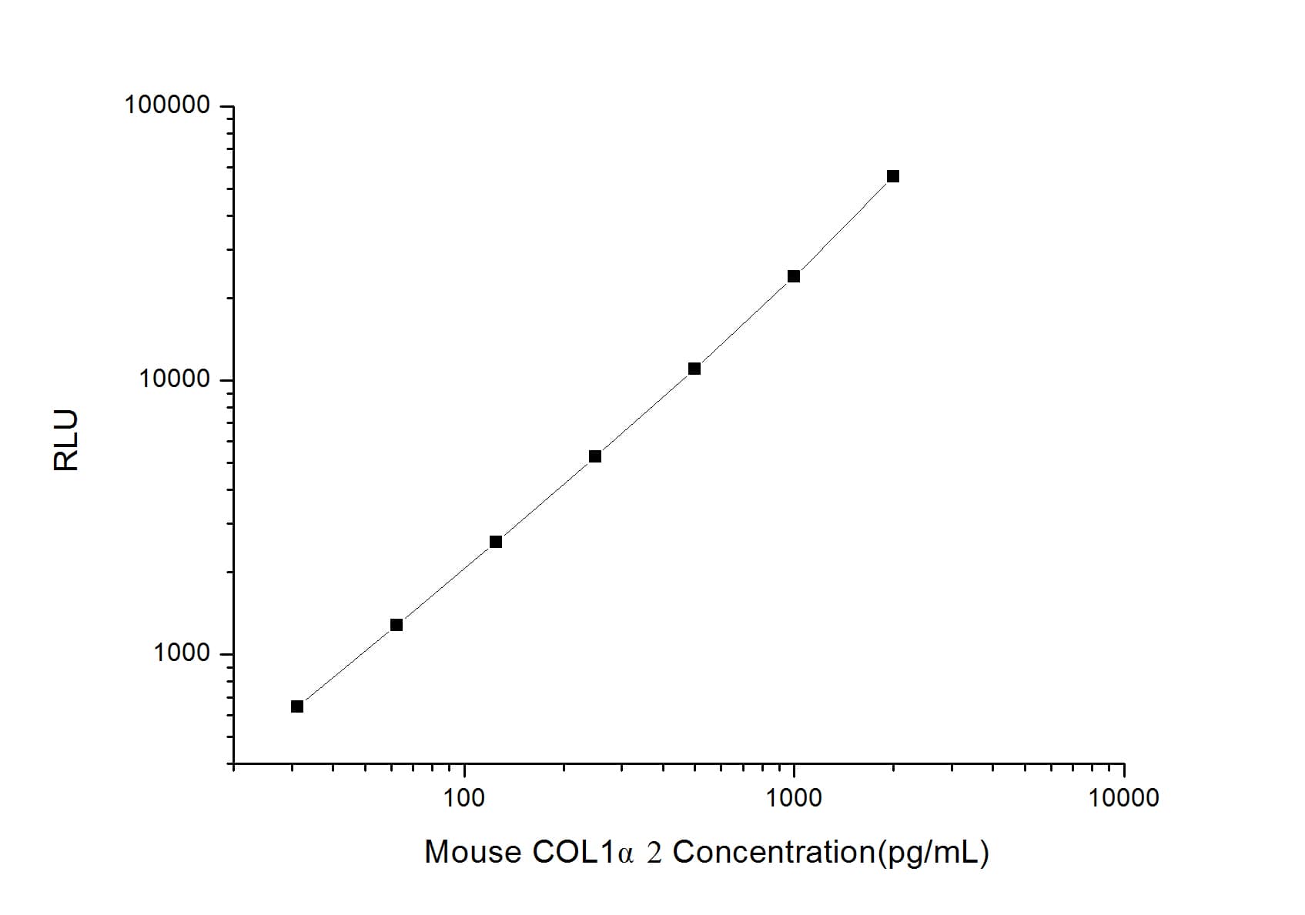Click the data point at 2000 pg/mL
[892, 176]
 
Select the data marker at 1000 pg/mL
[794, 276]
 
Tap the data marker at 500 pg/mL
[694, 369]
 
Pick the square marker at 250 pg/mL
[595, 456]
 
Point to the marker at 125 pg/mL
[496, 542]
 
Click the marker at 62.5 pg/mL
[397, 625]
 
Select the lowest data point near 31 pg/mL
[297, 706]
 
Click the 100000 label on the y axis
[167, 105]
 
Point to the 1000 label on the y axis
[182, 653]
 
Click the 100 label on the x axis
[464, 798]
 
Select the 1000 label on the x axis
[794, 798]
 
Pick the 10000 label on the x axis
[1123, 798]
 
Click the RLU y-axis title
[66, 440]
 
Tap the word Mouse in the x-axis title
[472, 853]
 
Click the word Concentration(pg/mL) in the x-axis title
[831, 853]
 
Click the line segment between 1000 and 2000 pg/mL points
[843, 227]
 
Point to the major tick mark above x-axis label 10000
[1123, 770]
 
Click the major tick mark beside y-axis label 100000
[226, 106]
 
